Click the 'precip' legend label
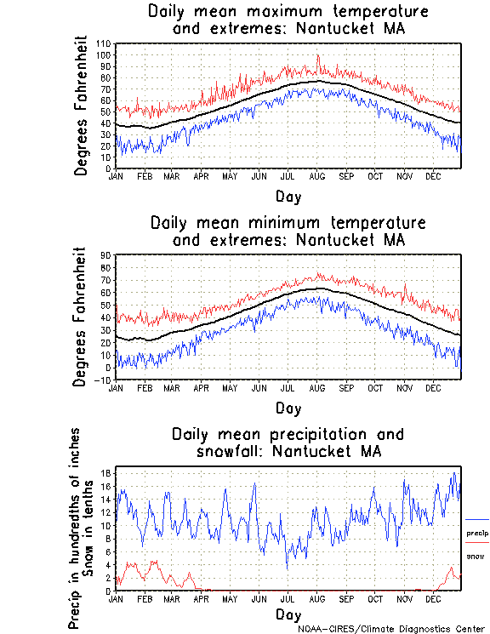[x=476, y=534]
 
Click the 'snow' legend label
[x=475, y=556]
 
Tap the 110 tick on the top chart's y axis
[x=105, y=43]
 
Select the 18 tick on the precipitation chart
[x=106, y=473]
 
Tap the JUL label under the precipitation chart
[x=288, y=598]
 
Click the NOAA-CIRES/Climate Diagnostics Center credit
[x=390, y=629]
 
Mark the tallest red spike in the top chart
[x=318, y=56]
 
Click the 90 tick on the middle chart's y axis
[x=106, y=254]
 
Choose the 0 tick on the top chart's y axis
[x=109, y=168]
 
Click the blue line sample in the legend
[x=476, y=520]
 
